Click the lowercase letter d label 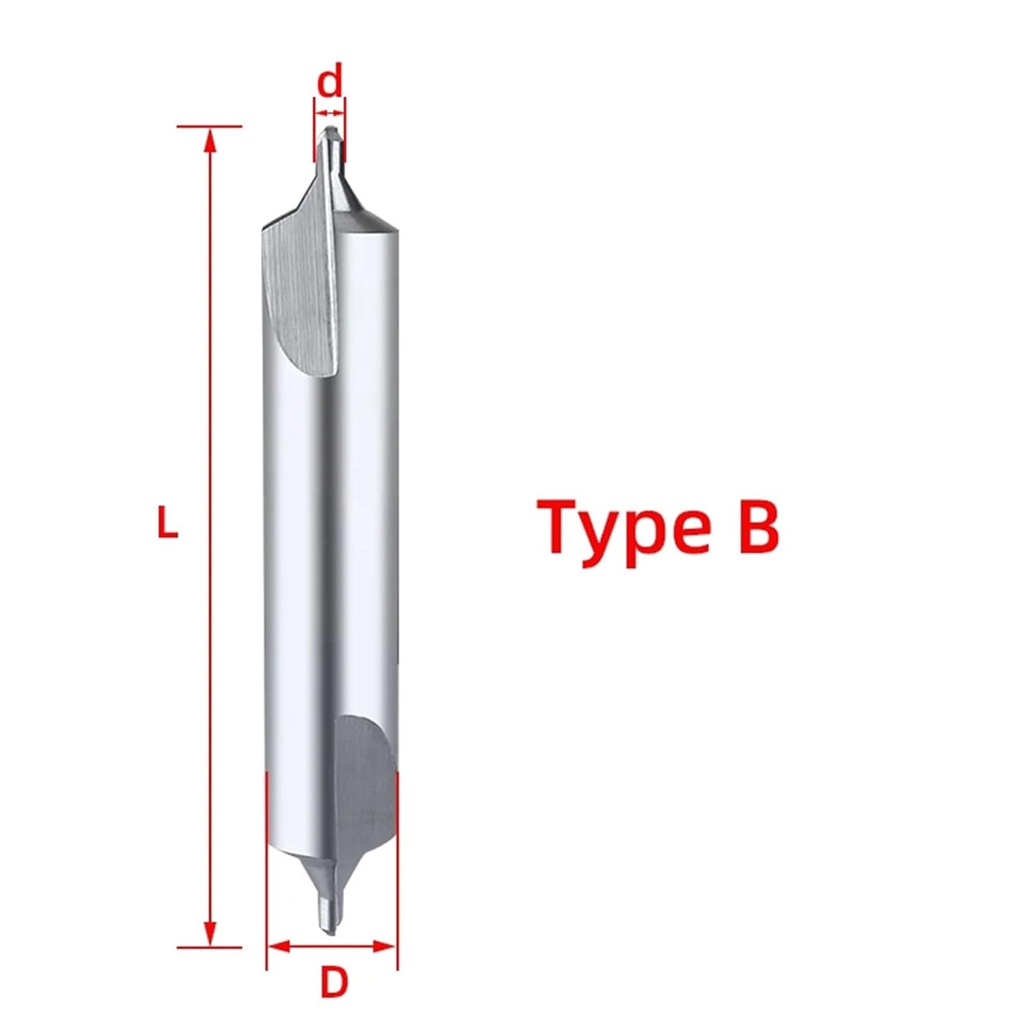(x=330, y=81)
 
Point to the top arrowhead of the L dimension (x=211, y=140)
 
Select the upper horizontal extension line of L (x=209, y=127)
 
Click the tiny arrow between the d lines (x=330, y=112)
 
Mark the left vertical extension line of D (x=266, y=870)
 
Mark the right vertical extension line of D (x=397, y=870)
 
